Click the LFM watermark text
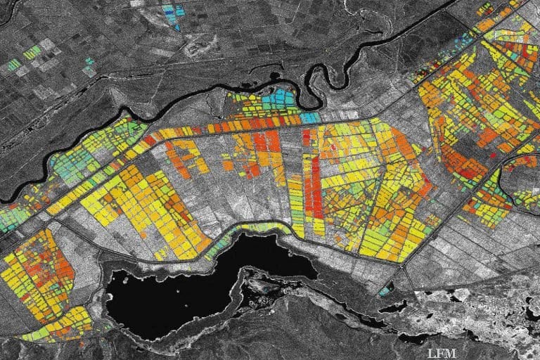[x=442, y=349]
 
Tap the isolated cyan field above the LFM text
[x=385, y=290]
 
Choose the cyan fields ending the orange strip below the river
[x=310, y=117]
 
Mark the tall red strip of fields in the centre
[x=309, y=183]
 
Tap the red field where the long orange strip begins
[x=149, y=140]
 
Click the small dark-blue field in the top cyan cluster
[x=176, y=27]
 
